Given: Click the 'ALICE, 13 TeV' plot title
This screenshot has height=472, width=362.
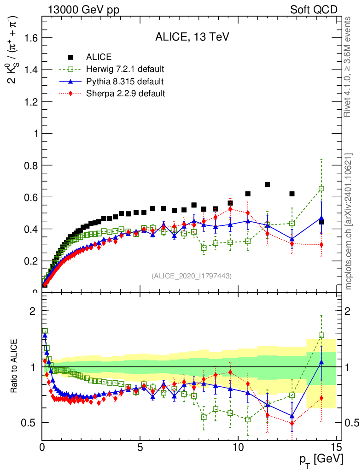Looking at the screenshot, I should click(x=189, y=38).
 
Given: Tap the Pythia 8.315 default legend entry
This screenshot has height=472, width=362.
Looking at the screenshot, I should click(x=125, y=81).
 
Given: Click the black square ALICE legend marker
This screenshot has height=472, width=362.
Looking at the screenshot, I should click(x=70, y=57).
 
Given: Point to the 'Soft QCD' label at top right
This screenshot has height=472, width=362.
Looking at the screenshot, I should click(x=314, y=9).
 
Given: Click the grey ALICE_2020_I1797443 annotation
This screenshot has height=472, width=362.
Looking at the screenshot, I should click(x=191, y=276).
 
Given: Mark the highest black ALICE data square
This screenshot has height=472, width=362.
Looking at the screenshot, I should click(x=267, y=185).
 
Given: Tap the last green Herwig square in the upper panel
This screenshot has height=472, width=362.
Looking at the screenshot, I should click(x=321, y=189).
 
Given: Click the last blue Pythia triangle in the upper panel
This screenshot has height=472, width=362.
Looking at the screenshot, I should click(x=321, y=218).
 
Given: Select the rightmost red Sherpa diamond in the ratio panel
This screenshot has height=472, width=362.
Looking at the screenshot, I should click(x=321, y=398).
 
